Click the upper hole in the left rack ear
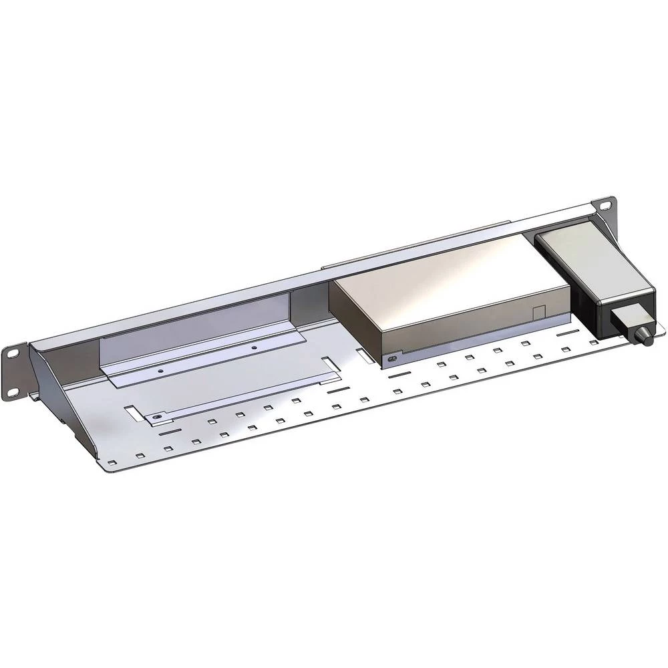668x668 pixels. pyautogui.click(x=14, y=352)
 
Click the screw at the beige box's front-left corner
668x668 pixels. pyautogui.click(x=391, y=359)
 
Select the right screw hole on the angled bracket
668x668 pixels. pyautogui.click(x=253, y=348)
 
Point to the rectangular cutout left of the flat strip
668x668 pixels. pyautogui.click(x=134, y=414)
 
